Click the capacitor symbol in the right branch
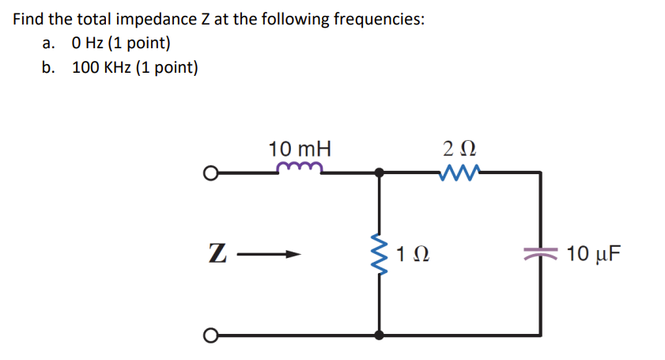click(x=540, y=253)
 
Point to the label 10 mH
click(x=300, y=148)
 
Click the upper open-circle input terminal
click(x=209, y=172)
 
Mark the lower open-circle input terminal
click(x=209, y=335)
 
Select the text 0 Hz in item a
click(x=89, y=44)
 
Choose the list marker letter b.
click(x=49, y=67)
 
